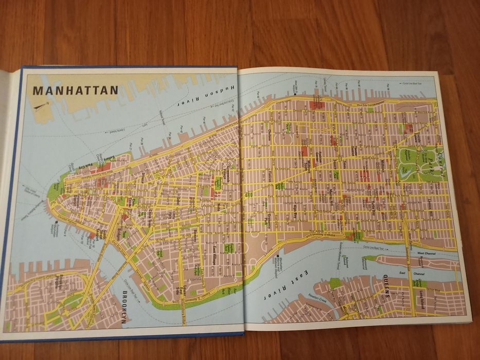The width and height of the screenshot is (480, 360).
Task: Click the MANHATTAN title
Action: coord(76,91)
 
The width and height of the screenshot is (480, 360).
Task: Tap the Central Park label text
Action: coord(439,161)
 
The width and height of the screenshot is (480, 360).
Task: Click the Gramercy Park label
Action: coord(269,221)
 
